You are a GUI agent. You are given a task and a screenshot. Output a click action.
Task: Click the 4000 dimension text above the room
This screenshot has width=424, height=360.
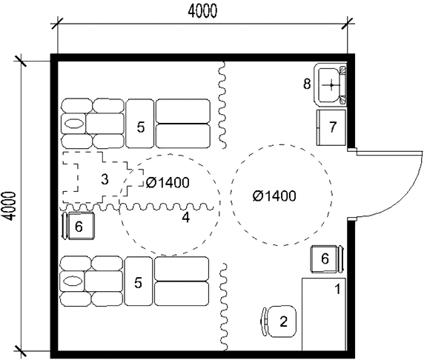[202, 12]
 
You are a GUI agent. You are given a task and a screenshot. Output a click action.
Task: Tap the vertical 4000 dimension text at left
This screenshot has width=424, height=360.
[9, 206]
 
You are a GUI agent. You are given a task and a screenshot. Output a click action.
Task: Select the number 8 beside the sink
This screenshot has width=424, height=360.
[307, 84]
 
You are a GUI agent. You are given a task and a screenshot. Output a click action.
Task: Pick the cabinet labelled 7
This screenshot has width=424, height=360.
[331, 127]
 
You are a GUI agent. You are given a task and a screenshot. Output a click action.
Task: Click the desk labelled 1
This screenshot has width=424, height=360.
[324, 314]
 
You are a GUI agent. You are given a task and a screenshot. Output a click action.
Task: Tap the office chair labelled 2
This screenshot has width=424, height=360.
[279, 321]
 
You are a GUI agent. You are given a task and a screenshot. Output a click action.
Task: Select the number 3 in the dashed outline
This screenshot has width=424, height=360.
[105, 179]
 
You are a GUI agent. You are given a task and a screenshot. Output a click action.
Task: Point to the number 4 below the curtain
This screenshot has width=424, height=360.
[186, 217]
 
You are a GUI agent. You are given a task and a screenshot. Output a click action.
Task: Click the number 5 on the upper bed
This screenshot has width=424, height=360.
[141, 127]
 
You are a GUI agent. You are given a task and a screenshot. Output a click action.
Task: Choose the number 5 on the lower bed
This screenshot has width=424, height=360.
[138, 283]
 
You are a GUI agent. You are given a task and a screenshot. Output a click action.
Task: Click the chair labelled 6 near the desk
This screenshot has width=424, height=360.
[327, 259]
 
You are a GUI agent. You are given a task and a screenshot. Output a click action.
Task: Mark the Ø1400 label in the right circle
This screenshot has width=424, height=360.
[274, 196]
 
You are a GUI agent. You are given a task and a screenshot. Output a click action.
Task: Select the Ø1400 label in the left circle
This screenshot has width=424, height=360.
[168, 183]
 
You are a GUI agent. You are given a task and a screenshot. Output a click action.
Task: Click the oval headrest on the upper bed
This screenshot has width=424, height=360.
[73, 124]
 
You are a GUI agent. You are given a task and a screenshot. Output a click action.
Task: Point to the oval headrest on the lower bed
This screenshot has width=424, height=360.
[73, 281]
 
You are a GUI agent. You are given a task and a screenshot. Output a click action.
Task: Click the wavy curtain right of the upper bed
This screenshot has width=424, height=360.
[222, 105]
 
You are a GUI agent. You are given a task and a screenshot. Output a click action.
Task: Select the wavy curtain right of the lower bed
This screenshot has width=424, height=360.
[224, 307]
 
